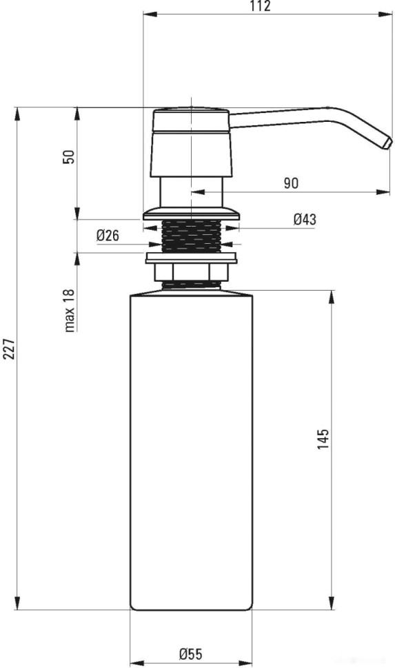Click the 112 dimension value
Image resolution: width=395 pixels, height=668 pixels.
[261, 6]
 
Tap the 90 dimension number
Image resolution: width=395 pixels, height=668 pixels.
[292, 183]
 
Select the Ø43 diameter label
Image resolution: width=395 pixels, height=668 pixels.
[305, 219]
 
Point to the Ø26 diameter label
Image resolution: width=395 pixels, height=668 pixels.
[108, 235]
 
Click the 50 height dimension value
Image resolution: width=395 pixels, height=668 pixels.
[69, 157]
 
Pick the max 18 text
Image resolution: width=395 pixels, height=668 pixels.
[69, 310]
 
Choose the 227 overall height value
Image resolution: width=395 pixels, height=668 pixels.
[9, 349]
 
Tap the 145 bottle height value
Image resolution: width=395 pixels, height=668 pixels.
[323, 439]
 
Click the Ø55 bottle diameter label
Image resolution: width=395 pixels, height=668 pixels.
[191, 654]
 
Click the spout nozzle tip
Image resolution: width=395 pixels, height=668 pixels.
[387, 143]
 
